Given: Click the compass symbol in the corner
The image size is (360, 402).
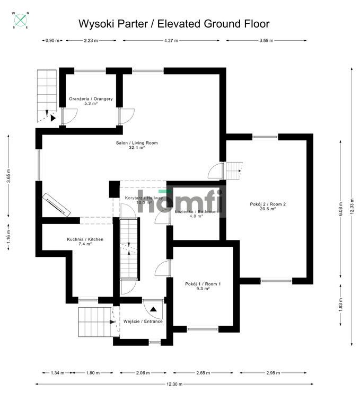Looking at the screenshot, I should coord(21,20).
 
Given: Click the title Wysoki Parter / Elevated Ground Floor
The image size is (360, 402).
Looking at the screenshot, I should coord(174,24).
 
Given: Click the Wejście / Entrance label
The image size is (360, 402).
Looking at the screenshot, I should coord(143,321).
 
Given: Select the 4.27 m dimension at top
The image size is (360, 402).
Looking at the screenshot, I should coord(171,40).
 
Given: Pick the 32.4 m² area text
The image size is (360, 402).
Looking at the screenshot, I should coord(137,148).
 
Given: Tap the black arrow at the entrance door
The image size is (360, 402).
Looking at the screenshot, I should coord(153,309).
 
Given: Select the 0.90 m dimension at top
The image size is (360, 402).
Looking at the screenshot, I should coord(52,40).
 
